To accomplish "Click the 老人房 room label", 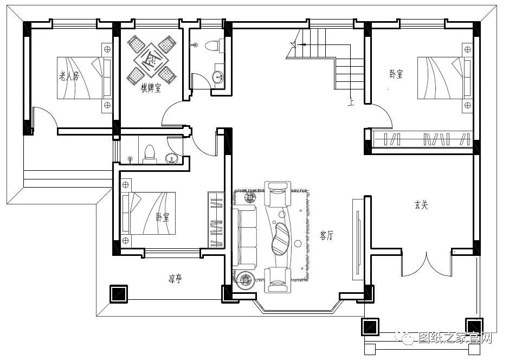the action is [x=68, y=76].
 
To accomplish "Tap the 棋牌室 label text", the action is [x=151, y=88].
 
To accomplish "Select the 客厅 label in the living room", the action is [x=326, y=235].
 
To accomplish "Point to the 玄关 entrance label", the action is [x=421, y=205].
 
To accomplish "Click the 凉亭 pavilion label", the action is [x=175, y=278].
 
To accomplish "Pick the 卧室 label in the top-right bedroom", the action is [x=396, y=74].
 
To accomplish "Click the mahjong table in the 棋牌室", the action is [x=151, y=60].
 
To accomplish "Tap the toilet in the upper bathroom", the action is [x=215, y=45].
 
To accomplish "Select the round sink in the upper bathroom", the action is [x=218, y=77].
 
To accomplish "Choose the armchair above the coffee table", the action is [x=278, y=194].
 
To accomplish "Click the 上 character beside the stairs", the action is [x=351, y=102].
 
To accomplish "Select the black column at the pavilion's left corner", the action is [x=119, y=294].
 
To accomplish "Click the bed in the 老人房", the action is [x=85, y=78].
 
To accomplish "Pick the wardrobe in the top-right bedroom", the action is [x=422, y=139].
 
